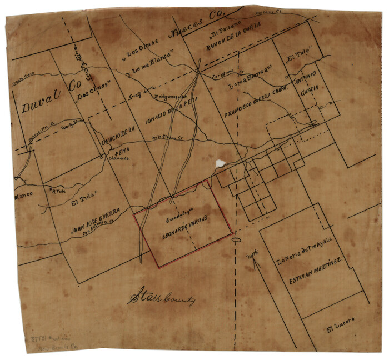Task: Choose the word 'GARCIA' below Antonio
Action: coord(310,93)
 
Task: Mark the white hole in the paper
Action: coord(221,163)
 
